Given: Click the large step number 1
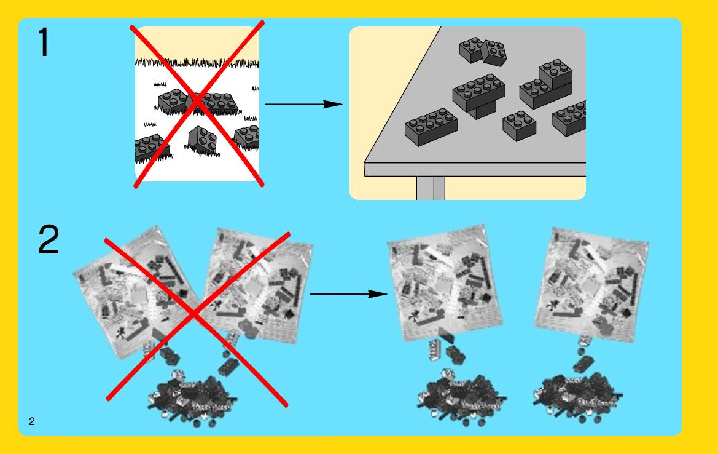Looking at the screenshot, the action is [x=44, y=42].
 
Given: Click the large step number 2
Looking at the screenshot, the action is [x=49, y=239].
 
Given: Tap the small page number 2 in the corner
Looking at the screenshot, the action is [x=31, y=421].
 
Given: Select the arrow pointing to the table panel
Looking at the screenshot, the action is [x=303, y=104].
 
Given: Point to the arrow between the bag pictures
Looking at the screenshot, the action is [x=349, y=293].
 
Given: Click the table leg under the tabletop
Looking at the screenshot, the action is [x=431, y=188].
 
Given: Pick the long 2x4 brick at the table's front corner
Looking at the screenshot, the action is [x=431, y=127].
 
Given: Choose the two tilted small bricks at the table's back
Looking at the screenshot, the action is [x=483, y=51].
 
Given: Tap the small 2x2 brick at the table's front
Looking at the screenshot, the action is [x=519, y=125].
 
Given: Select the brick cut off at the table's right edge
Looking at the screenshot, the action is [x=569, y=118].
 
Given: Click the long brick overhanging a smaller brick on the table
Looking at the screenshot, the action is [x=479, y=95].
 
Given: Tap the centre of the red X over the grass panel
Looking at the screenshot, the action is [x=197, y=103].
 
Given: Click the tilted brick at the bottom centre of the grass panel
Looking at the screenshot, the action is [x=202, y=140].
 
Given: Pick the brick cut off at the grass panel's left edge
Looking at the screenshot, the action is [x=152, y=148].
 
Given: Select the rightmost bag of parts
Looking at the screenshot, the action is [x=591, y=284].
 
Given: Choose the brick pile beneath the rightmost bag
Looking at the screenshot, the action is [x=578, y=396].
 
